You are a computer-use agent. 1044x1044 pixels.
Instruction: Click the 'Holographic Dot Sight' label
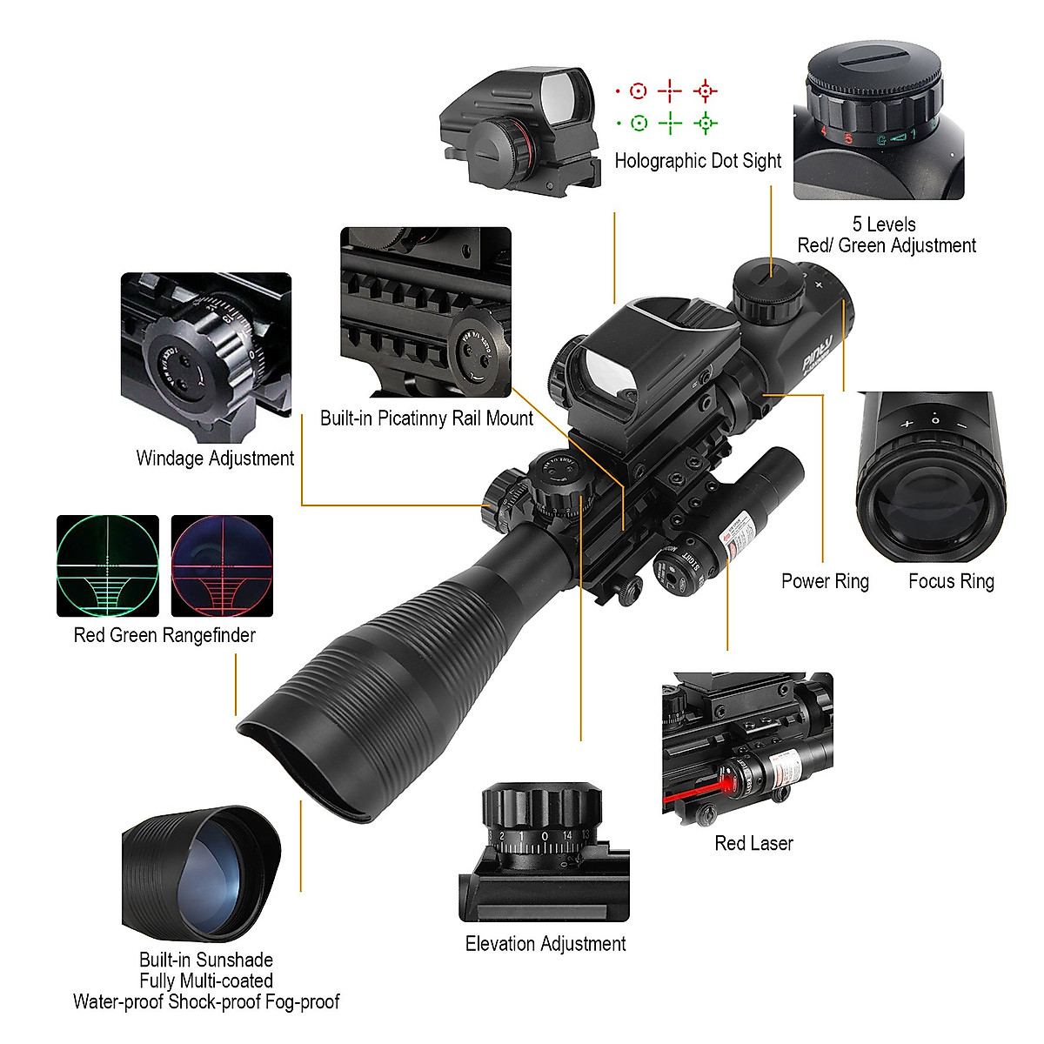[698, 161]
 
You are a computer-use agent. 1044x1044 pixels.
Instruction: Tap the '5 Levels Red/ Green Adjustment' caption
[886, 235]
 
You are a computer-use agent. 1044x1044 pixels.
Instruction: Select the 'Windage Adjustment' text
[215, 458]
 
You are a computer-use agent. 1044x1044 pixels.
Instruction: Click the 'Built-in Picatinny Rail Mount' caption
[426, 418]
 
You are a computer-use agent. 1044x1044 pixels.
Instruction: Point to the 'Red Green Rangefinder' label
[164, 635]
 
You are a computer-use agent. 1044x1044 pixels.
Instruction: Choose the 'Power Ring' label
[825, 581]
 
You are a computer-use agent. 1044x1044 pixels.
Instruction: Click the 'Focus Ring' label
[951, 581]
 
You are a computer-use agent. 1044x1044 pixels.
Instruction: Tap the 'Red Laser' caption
[753, 843]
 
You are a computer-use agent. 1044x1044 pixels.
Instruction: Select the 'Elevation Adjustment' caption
[545, 944]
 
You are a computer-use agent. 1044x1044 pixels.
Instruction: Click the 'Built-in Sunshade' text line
[206, 960]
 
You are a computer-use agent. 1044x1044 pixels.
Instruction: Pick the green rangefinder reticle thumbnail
[108, 565]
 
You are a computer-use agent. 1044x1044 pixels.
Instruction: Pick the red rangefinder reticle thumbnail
[222, 565]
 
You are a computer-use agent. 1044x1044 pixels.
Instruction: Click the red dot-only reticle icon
[618, 91]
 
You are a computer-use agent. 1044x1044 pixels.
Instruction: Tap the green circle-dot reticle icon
[639, 124]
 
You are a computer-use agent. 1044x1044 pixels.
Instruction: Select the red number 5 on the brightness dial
[847, 138]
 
